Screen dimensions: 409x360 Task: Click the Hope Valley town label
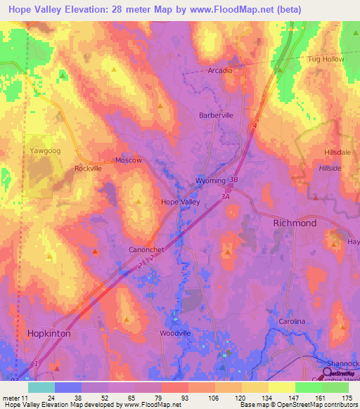(181, 202)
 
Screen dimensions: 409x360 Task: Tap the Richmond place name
(294, 223)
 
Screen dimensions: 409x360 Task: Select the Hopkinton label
(49, 334)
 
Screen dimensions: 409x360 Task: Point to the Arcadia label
(219, 71)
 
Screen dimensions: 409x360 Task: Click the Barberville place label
(216, 115)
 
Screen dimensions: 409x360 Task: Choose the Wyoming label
(210, 181)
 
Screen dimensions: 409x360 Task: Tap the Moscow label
(129, 160)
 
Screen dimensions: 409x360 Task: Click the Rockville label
(89, 169)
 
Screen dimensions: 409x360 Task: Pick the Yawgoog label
(44, 150)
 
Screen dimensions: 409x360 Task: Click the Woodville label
(175, 333)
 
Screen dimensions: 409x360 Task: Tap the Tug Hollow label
(326, 59)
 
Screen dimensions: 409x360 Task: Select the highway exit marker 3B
(234, 180)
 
